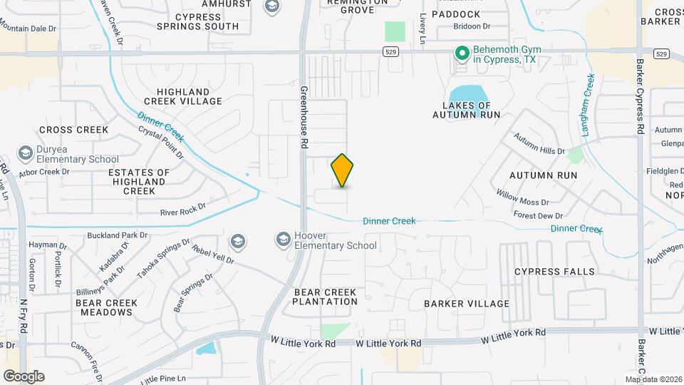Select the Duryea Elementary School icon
click(26, 153)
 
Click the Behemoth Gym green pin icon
click(462, 53)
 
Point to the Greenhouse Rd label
click(304, 118)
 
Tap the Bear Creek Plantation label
click(325, 297)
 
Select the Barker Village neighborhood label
click(467, 304)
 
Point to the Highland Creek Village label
click(183, 96)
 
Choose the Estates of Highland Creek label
click(139, 182)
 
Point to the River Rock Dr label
click(182, 208)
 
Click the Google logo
click(23, 376)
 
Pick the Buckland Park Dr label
click(118, 235)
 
